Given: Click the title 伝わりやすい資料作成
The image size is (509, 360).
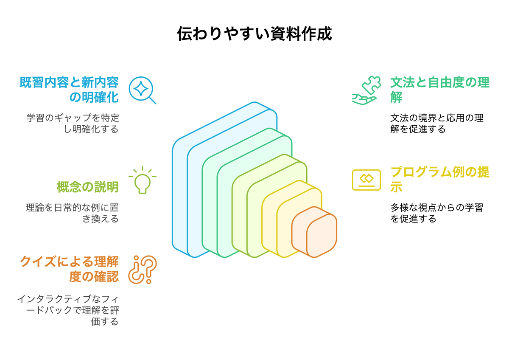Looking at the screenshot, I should [254, 34].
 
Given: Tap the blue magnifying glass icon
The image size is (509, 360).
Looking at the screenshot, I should [142, 90].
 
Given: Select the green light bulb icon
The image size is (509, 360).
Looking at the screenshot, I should [142, 180].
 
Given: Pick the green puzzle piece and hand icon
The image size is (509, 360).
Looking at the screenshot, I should [364, 90].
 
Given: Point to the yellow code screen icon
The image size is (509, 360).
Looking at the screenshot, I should [366, 180].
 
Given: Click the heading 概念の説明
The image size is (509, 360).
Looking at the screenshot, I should [87, 187].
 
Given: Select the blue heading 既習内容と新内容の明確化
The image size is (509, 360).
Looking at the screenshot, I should [69, 90].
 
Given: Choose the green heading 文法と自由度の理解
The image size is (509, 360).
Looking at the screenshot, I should [440, 90].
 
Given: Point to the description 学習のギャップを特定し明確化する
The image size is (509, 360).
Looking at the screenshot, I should [73, 123].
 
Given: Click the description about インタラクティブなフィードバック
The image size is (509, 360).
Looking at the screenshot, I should [68, 310].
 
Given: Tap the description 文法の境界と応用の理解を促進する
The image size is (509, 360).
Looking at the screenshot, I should [436, 123].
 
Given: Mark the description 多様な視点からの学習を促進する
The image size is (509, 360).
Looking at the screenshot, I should [436, 213].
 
